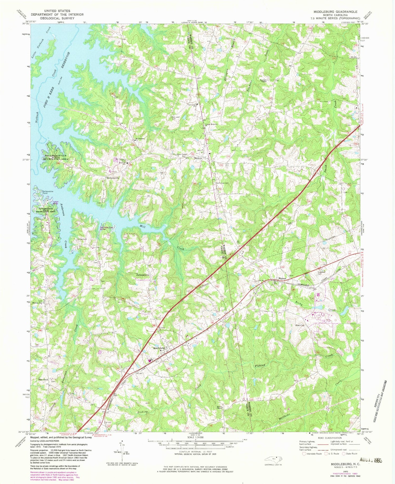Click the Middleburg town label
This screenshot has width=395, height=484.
click(159, 348)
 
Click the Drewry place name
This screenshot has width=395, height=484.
click(198, 158)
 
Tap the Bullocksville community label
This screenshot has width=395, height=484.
click(113, 178)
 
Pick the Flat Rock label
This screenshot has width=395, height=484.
click(43, 380)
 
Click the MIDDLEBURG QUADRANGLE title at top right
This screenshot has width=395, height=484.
click(331, 12)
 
